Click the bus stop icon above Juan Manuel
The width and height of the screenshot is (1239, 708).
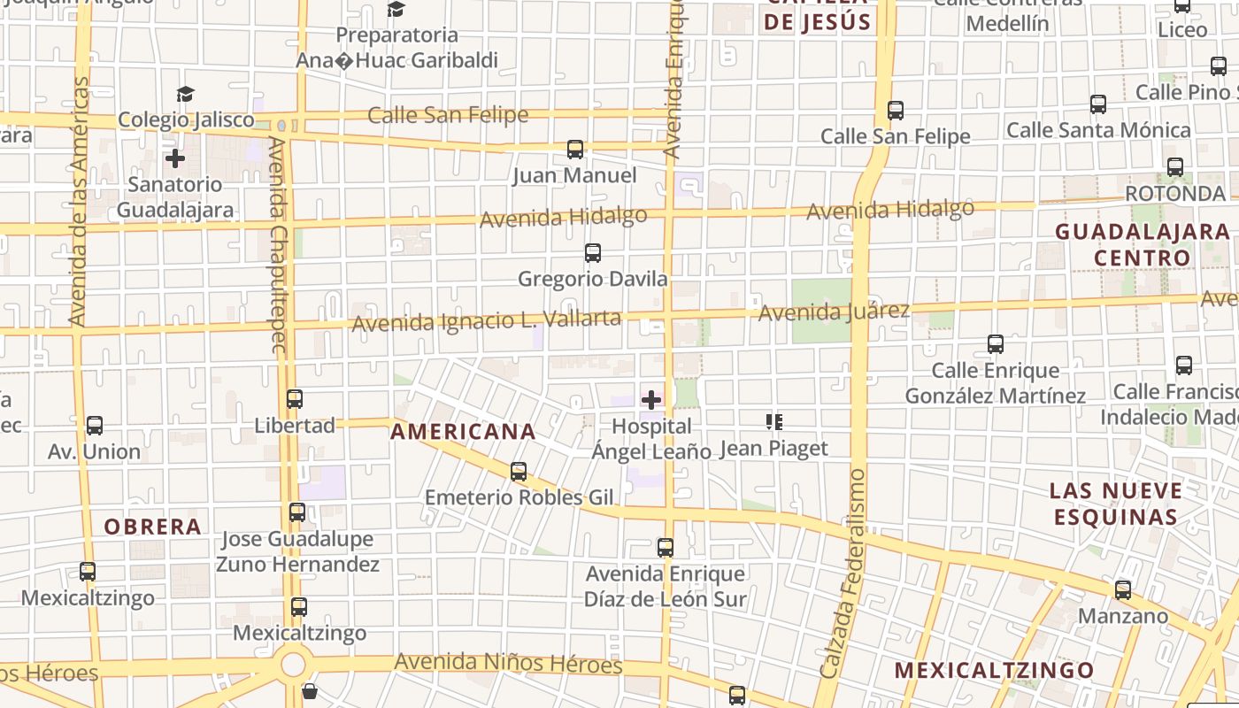(575, 149)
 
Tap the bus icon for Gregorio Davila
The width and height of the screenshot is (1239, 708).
(593, 253)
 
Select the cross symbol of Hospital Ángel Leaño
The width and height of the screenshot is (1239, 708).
(651, 400)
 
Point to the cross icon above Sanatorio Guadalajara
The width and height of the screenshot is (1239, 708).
(175, 158)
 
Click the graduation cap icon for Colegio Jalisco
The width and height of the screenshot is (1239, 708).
(185, 94)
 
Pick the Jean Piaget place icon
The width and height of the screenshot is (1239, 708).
(774, 422)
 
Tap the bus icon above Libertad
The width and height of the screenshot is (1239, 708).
(295, 399)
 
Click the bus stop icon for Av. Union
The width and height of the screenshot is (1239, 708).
(95, 425)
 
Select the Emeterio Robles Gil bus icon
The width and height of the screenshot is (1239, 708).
(519, 472)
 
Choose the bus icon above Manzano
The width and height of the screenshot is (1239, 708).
(1123, 589)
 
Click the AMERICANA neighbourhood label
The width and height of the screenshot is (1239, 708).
(463, 432)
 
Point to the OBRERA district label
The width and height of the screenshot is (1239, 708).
(153, 527)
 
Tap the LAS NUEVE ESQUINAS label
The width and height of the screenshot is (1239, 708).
(1115, 504)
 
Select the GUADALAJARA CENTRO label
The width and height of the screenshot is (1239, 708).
(1143, 244)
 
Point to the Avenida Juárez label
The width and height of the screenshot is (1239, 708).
(834, 312)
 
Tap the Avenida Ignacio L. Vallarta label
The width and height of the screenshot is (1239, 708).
(486, 321)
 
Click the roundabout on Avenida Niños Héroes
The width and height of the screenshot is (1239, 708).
(293, 664)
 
